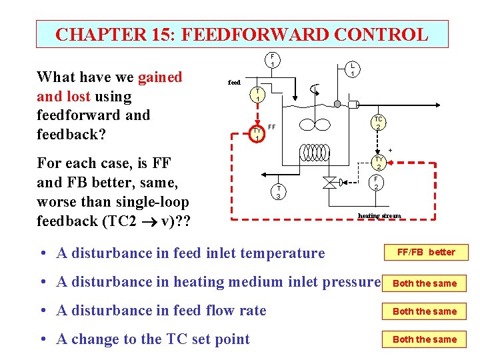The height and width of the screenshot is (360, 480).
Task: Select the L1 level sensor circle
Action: [x=352, y=69]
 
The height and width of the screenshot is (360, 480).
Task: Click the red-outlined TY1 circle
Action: [x=258, y=134]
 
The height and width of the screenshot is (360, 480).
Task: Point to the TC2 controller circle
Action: [x=377, y=123]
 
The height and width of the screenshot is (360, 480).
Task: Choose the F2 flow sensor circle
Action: [x=376, y=183]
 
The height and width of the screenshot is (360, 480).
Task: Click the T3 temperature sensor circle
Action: [x=280, y=192]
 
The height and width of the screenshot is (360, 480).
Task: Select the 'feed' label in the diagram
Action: [x=234, y=83]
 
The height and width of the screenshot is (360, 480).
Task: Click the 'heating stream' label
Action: [x=379, y=215]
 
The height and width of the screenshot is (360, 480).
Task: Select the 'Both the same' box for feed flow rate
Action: [x=425, y=311]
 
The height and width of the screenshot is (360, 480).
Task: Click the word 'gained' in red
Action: [x=159, y=77]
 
